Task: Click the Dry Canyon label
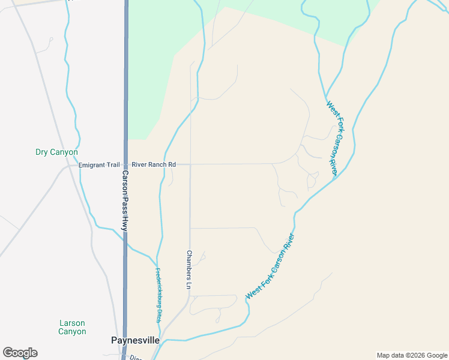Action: [x=56, y=152]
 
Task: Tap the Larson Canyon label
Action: [x=72, y=327]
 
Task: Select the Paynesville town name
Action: [x=136, y=340]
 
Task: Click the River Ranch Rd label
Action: [x=154, y=164]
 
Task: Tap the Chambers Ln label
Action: [x=188, y=271]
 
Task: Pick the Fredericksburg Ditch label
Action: [x=159, y=295]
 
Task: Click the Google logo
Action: [x=20, y=353]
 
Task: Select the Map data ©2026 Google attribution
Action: [x=412, y=355]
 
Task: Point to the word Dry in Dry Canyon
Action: [x=43, y=152]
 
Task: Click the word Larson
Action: [x=72, y=323]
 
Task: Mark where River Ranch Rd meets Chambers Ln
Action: [x=190, y=164]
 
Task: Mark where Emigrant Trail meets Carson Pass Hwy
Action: [x=125, y=164]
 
